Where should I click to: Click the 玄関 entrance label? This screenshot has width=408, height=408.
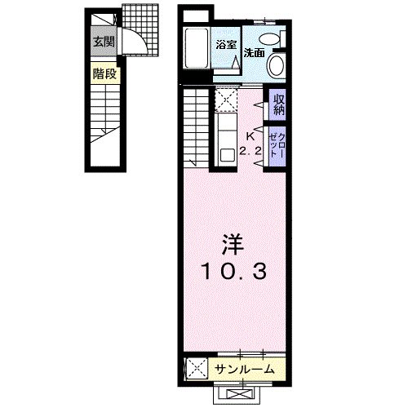102,43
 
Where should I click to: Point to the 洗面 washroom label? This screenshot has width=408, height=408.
255,52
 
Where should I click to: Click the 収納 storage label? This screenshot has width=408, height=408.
278,104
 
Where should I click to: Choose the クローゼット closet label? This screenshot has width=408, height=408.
278,144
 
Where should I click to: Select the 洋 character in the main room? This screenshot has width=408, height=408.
231,245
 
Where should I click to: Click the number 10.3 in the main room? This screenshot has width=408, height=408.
231,272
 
